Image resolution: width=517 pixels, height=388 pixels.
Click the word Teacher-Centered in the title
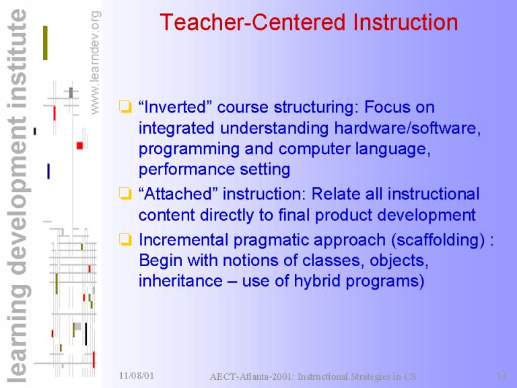[x=253, y=22]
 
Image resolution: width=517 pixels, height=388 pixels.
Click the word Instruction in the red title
[x=405, y=22]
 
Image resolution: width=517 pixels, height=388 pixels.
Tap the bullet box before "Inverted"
[x=125, y=107]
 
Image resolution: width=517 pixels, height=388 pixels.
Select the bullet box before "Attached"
[x=125, y=194]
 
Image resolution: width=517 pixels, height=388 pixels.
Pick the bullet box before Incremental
[x=125, y=240]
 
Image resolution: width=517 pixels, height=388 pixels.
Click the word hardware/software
[x=407, y=128]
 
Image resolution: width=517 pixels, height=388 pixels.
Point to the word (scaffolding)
[x=438, y=240]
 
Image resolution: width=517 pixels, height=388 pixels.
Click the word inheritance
[x=180, y=281]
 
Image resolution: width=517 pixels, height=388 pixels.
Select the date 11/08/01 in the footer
[x=136, y=376]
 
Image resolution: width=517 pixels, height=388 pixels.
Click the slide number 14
[x=502, y=376]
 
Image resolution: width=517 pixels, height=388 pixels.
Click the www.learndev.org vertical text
[x=95, y=63]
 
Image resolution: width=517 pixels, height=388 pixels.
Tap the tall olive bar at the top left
[x=45, y=43]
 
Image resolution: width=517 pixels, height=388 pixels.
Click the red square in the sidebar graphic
[x=79, y=145]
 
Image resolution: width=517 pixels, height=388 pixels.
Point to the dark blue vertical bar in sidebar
[x=48, y=171]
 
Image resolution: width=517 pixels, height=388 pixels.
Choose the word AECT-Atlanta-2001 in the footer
[x=252, y=377]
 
